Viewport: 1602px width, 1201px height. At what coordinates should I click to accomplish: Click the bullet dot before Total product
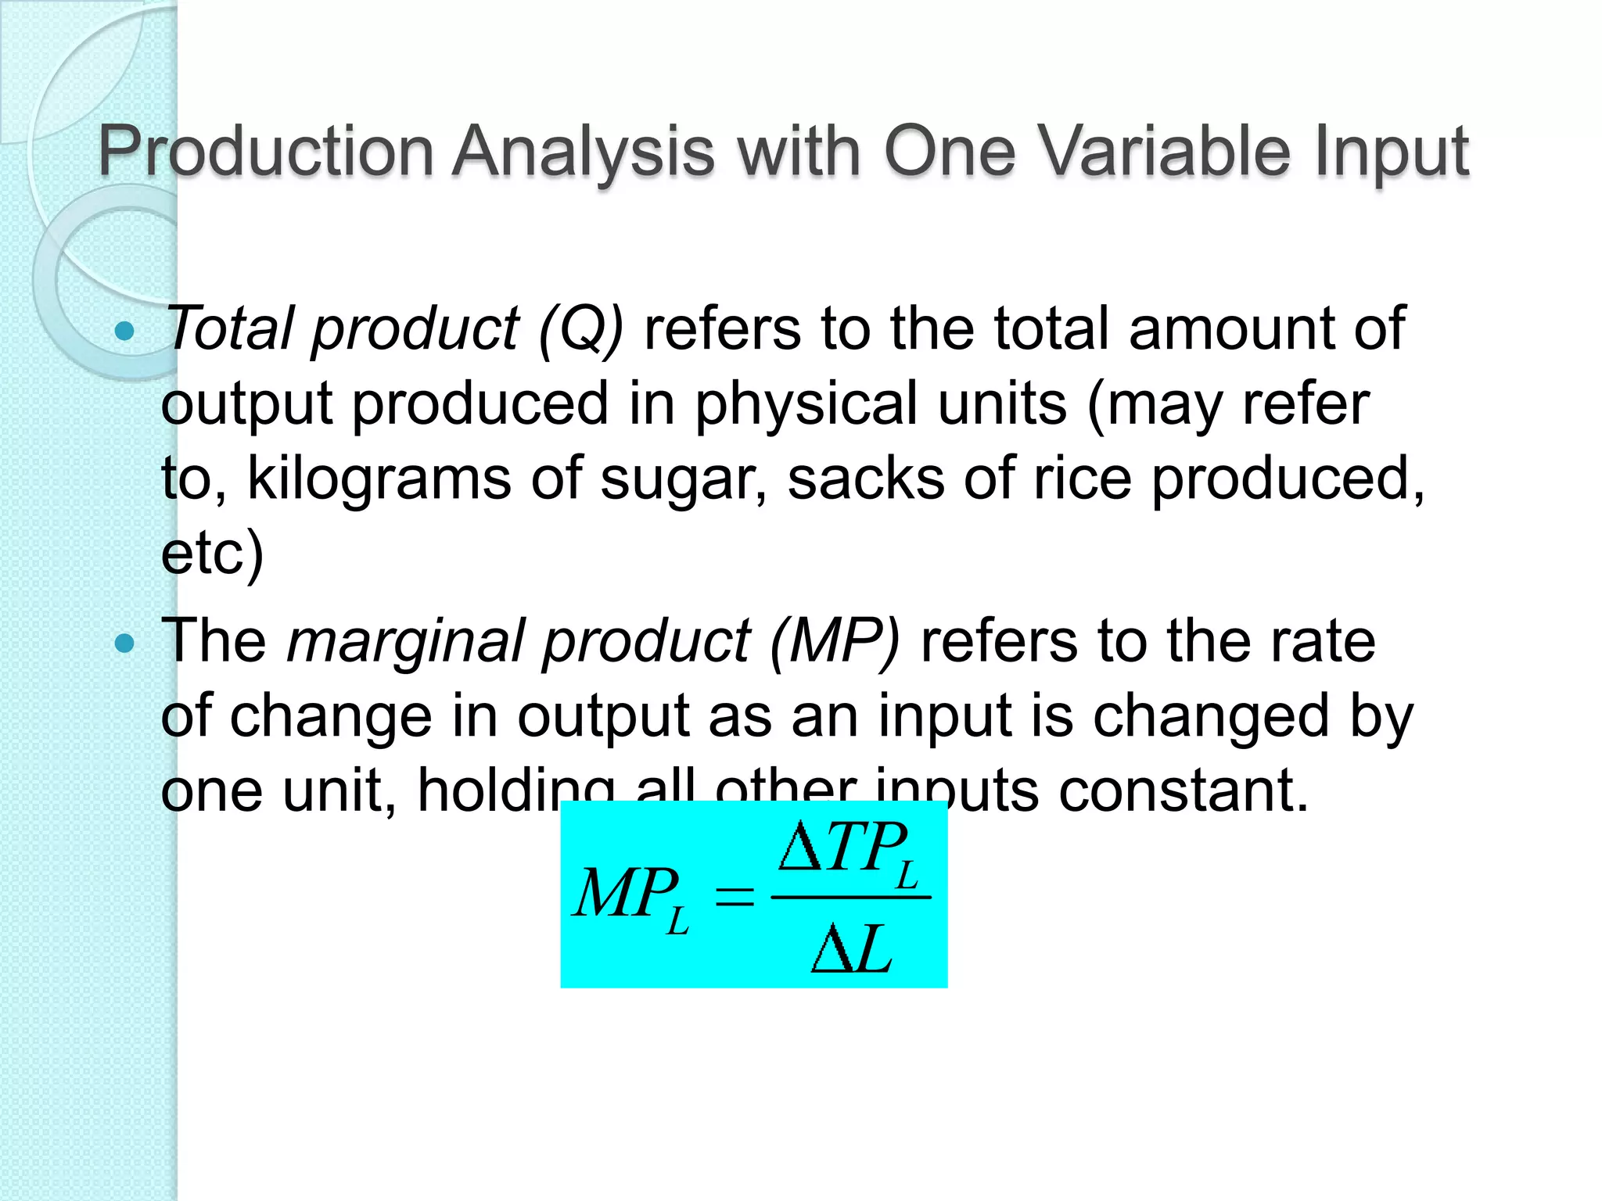tap(124, 332)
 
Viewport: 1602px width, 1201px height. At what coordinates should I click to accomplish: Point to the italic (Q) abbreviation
tap(580, 329)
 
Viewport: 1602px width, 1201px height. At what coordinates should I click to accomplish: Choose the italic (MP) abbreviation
tap(835, 642)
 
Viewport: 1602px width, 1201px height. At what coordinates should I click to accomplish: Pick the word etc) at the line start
tap(212, 553)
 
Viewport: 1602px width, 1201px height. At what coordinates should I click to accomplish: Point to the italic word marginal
tap(404, 642)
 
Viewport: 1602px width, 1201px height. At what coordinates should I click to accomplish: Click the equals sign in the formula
tap(734, 897)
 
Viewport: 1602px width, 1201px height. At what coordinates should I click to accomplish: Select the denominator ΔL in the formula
tap(851, 948)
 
